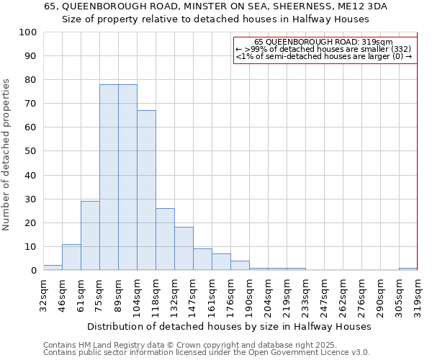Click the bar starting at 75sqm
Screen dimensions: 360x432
click(109, 177)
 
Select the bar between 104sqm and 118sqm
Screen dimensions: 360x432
click(146, 190)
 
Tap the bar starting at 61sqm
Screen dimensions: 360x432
click(90, 235)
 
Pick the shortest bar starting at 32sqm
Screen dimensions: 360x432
click(53, 268)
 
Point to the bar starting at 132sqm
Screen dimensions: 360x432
click(184, 248)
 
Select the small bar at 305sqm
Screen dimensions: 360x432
click(408, 269)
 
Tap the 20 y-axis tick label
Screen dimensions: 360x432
click(32, 222)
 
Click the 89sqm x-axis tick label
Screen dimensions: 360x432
click(118, 294)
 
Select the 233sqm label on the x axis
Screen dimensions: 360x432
click(305, 294)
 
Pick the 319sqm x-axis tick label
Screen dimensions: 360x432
click(418, 294)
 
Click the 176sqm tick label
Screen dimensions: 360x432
click(230, 294)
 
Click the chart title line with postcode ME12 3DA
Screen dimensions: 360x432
click(215, 6)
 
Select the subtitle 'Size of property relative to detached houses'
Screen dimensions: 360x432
click(215, 19)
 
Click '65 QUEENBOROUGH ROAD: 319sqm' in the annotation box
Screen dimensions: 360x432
click(324, 42)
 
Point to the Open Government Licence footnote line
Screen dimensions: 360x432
click(207, 352)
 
